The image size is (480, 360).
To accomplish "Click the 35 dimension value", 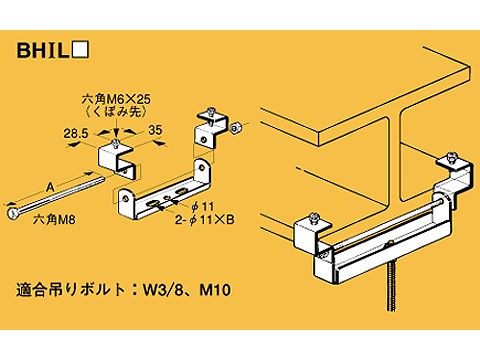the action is (156, 131).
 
